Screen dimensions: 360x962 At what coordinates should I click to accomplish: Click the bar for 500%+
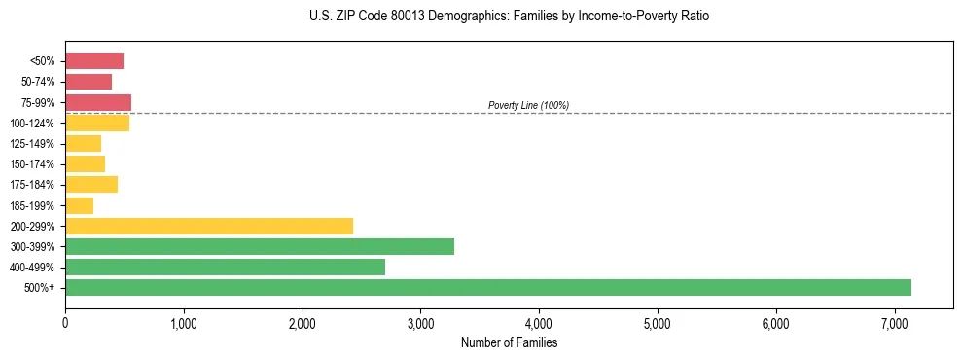coord(487,287)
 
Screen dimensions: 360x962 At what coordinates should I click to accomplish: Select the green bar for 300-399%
coord(260,246)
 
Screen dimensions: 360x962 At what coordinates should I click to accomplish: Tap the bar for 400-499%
coord(225,267)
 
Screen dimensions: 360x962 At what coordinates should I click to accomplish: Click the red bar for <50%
coord(94,61)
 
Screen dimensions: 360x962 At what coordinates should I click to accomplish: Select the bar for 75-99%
coord(98,102)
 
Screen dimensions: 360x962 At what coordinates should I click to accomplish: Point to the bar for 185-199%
coord(79,205)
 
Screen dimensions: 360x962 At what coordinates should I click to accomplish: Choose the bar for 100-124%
coord(97,124)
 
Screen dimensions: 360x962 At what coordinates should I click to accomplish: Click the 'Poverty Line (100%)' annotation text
coord(528,105)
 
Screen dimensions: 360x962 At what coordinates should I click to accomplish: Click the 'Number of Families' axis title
coord(509,342)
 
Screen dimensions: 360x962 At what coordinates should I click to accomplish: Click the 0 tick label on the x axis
coord(65,323)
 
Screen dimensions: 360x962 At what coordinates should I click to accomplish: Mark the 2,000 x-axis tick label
coord(302,323)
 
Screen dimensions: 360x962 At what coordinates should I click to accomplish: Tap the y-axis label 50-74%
coord(39,82)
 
